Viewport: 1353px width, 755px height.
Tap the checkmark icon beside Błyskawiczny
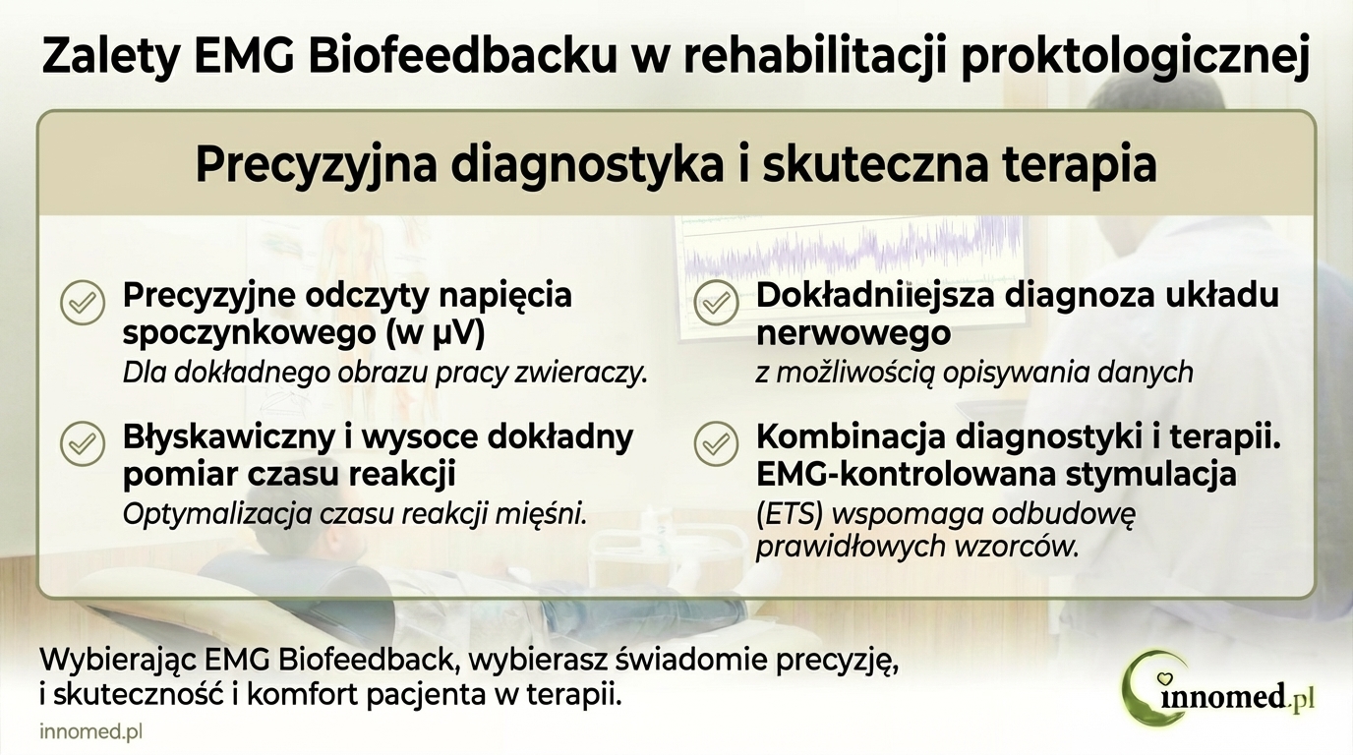click(x=83, y=443)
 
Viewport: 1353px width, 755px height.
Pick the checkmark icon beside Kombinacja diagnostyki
click(x=716, y=443)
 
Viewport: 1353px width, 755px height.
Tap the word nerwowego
click(x=853, y=333)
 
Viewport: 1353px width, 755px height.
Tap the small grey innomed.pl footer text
click(x=91, y=733)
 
